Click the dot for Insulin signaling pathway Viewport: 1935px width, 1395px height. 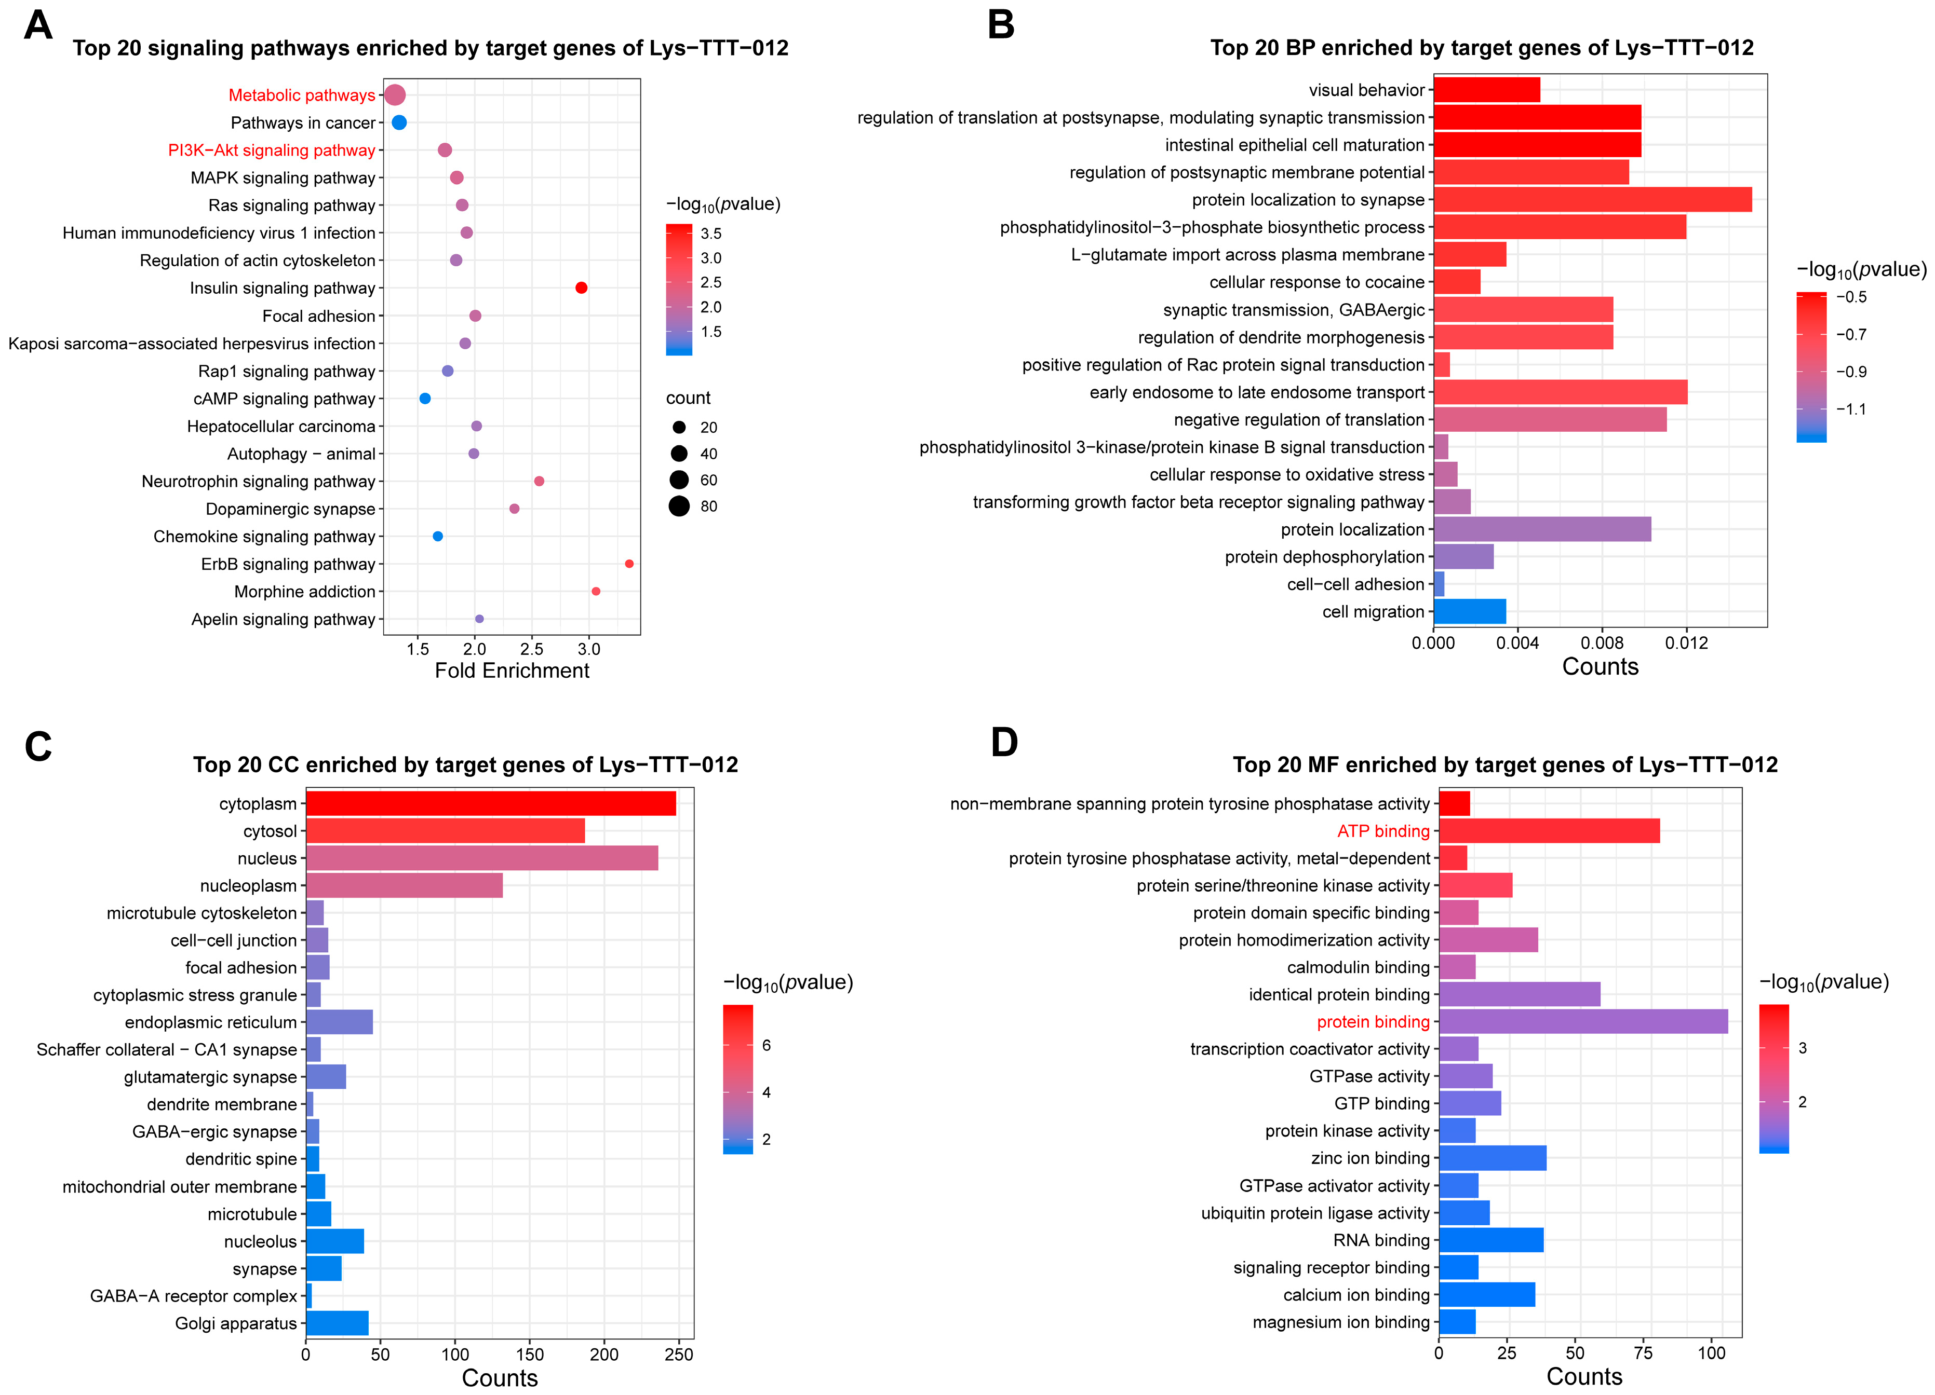(x=581, y=288)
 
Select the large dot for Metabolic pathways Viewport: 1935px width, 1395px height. (x=394, y=94)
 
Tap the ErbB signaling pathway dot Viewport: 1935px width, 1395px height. (x=629, y=564)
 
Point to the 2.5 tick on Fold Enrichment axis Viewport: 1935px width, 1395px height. (x=532, y=649)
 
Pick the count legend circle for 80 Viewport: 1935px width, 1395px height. (x=679, y=507)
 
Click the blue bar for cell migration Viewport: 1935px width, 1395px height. (x=1469, y=611)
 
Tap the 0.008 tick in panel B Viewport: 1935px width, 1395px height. (x=1602, y=643)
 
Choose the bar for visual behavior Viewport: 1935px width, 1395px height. (x=1486, y=90)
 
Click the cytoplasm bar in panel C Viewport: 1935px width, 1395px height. (x=491, y=803)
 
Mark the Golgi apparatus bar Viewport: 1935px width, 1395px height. (x=337, y=1322)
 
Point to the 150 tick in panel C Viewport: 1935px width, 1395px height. (x=530, y=1354)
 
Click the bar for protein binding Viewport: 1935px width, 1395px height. (x=1583, y=1021)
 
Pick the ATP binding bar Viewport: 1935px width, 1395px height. (x=1549, y=830)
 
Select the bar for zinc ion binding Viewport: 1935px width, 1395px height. (x=1492, y=1158)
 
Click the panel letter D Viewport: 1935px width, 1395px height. (x=1004, y=743)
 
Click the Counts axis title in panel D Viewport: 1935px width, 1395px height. (x=1583, y=1377)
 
